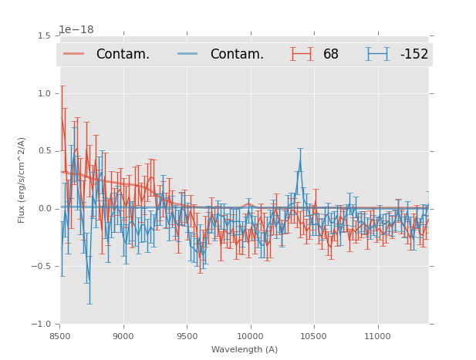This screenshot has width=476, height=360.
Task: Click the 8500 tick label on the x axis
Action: (x=60, y=336)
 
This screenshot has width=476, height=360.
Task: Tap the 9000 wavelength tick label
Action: (x=123, y=336)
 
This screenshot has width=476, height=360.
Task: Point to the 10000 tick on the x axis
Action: (x=250, y=336)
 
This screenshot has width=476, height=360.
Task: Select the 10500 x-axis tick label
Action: (x=313, y=336)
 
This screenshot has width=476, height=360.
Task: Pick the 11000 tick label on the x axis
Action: (x=377, y=336)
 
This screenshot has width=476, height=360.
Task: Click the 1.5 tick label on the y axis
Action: (x=45, y=35)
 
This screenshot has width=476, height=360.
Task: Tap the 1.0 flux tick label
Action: (x=45, y=93)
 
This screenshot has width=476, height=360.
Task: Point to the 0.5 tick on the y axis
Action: (x=45, y=151)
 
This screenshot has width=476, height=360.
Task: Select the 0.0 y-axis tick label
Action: (x=45, y=209)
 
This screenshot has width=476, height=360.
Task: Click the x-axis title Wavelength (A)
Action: (x=245, y=349)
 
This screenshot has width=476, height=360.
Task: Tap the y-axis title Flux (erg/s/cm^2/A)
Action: (x=22, y=180)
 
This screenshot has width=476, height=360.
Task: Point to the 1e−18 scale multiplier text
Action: (x=76, y=30)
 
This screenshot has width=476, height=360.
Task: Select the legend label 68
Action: (x=331, y=54)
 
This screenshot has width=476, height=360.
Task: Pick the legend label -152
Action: (x=414, y=54)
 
